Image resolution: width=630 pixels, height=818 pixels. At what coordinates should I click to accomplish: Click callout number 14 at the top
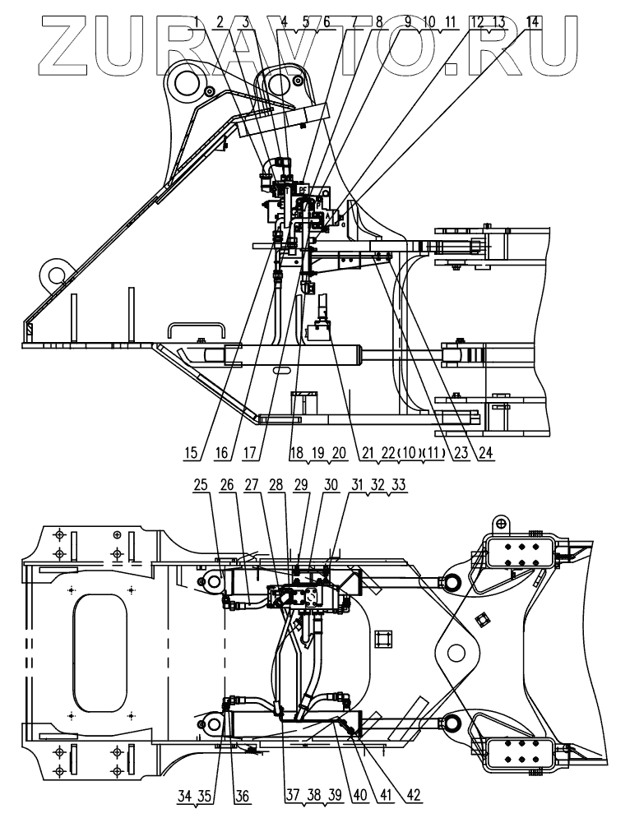(534, 22)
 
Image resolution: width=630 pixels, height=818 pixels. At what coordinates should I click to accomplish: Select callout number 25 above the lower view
(202, 487)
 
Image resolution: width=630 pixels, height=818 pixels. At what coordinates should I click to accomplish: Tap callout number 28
(275, 487)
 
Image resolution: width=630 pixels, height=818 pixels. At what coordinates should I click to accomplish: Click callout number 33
(399, 487)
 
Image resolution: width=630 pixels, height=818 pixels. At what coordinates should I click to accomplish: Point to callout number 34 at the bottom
(184, 796)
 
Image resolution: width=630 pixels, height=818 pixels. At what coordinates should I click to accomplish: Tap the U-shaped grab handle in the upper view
(196, 329)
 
